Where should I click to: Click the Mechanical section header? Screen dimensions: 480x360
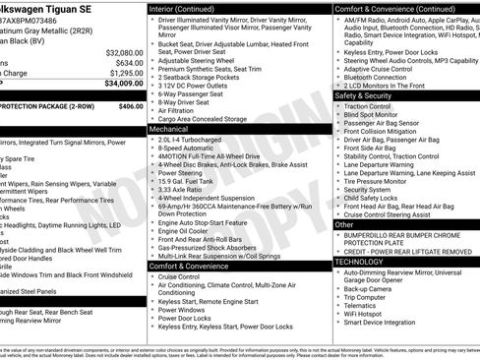pyautogui.click(x=169, y=128)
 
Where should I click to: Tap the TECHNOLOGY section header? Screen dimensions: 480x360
pyautogui.click(x=358, y=263)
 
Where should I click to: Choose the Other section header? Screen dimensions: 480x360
pyautogui.click(x=344, y=224)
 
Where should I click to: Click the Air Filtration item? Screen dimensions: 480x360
pyautogui.click(x=178, y=109)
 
